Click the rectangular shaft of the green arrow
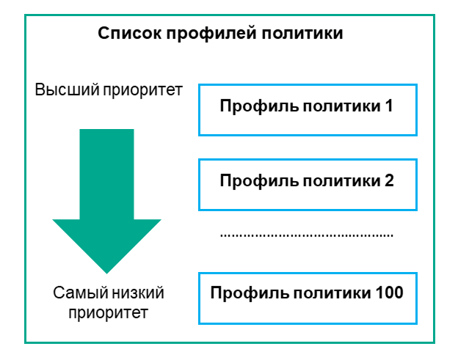[x=106, y=172]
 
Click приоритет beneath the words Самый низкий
[x=107, y=314]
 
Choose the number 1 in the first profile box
[x=389, y=106]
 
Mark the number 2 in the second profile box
[x=389, y=180]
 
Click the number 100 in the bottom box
[x=388, y=293]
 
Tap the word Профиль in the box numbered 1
[x=250, y=106]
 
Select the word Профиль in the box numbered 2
[x=250, y=180]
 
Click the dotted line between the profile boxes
[x=307, y=235]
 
